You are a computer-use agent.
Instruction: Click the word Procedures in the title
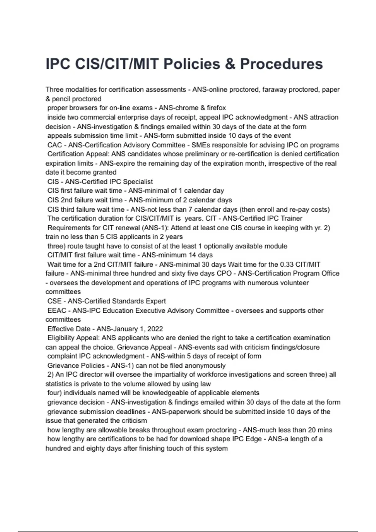281,64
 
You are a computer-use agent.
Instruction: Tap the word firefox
216,108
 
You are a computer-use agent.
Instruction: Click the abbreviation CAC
55,145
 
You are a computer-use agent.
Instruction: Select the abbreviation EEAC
57,311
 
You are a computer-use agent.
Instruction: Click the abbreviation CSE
55,301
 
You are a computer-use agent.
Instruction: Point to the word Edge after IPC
253,439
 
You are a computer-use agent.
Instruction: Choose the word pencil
62,99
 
